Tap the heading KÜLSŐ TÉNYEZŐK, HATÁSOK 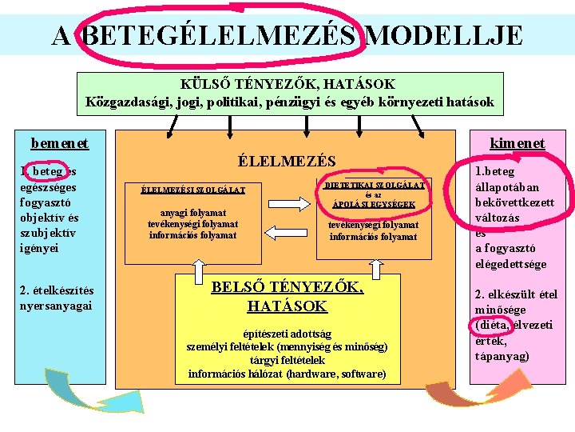[289, 83]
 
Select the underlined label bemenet [60, 143]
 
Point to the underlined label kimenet [517, 143]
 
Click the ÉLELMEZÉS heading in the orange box [287, 161]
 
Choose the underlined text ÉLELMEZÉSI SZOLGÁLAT [192, 190]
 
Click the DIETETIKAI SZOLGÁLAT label [373, 184]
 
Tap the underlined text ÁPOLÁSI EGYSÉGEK [373, 205]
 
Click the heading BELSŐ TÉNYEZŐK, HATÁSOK [287, 296]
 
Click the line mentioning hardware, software [287, 374]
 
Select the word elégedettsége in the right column [511, 264]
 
